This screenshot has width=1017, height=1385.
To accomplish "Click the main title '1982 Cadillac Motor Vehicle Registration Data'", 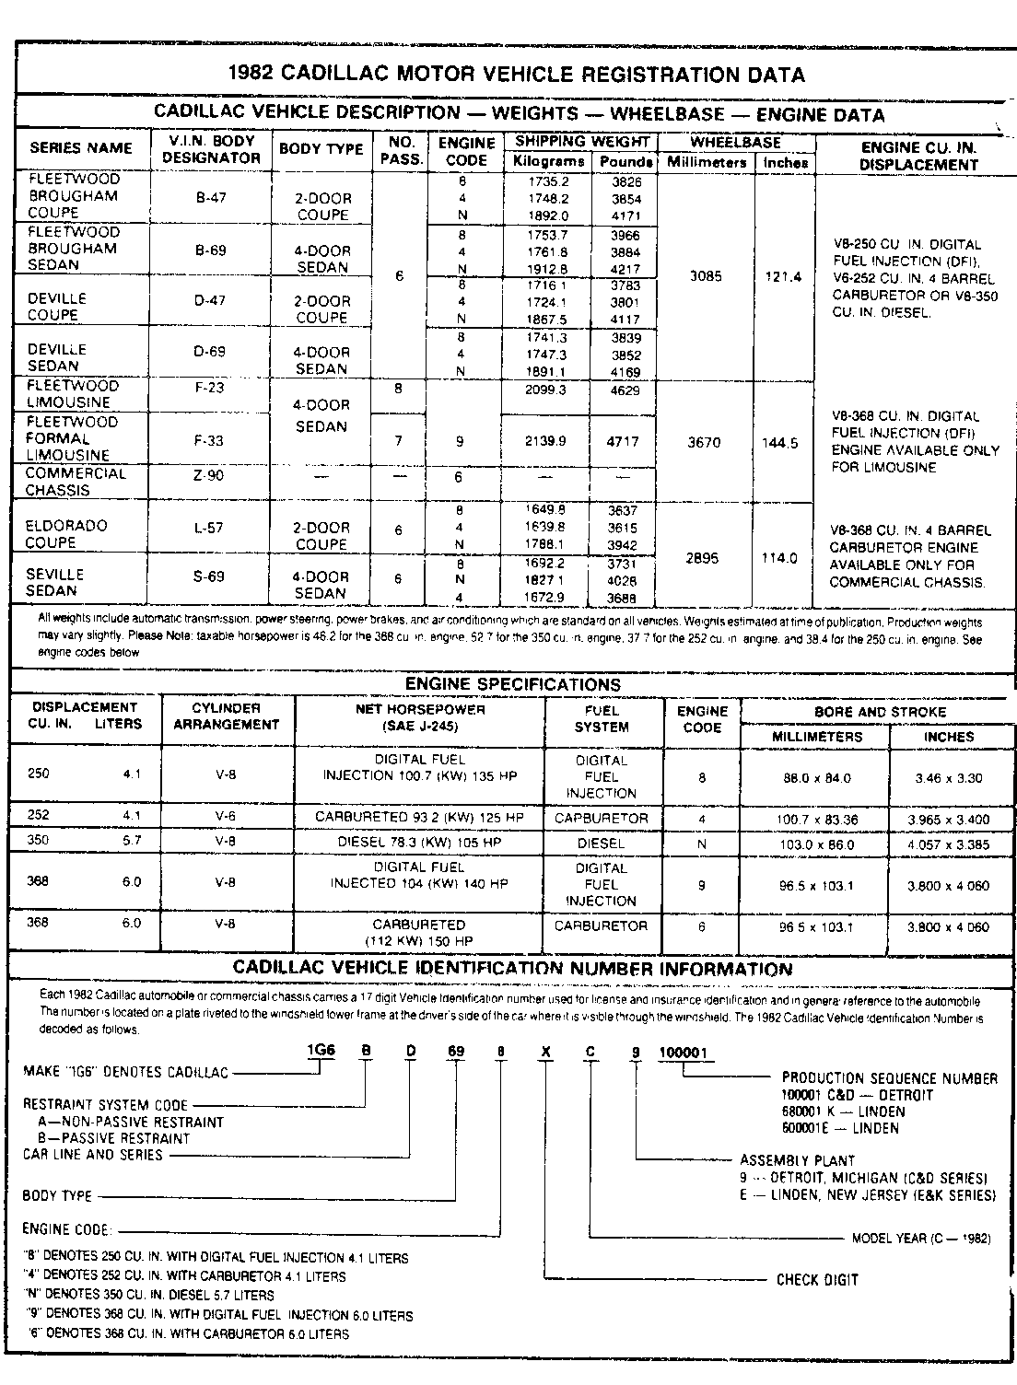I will [x=515, y=75].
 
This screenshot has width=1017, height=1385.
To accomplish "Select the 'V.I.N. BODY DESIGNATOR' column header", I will [x=211, y=149].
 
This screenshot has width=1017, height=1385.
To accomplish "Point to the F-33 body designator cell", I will [x=210, y=440].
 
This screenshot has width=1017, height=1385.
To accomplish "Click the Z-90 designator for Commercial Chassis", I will [x=210, y=475].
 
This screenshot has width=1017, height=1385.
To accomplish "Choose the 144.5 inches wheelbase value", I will [x=780, y=443].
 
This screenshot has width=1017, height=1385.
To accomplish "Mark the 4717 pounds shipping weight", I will [x=623, y=441].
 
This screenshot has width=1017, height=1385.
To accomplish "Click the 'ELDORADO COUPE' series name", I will [x=65, y=534].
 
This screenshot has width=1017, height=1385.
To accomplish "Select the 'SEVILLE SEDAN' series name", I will [x=54, y=582].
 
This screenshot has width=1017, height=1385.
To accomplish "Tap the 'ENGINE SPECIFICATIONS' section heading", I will [x=513, y=684].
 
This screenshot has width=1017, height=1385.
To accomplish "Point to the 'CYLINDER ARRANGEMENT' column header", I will [x=227, y=716].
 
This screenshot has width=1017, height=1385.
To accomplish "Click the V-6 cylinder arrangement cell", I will [x=226, y=816].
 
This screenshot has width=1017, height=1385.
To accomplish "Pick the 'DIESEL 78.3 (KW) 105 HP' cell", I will [x=420, y=843].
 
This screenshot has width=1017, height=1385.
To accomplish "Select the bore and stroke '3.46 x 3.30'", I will [x=949, y=778].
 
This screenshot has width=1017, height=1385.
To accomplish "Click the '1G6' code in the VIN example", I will [x=321, y=1052].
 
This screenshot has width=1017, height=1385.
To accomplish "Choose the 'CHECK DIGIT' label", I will [x=817, y=1279].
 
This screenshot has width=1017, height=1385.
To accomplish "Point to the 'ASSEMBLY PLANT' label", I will [x=798, y=1160].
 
